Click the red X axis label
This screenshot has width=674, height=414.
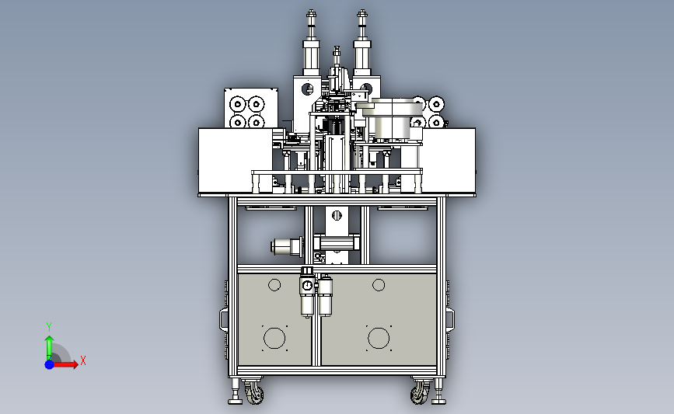(x=83, y=360)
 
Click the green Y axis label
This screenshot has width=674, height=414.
(x=49, y=327)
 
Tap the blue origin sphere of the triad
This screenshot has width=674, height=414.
(x=50, y=364)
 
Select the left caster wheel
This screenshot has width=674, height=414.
(x=253, y=392)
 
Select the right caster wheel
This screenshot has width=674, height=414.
(x=420, y=392)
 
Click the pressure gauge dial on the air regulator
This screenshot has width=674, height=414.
(x=307, y=286)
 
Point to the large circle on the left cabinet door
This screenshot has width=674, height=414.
(x=274, y=338)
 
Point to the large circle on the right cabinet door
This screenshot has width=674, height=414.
(x=379, y=338)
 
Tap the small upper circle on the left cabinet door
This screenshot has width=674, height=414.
(x=274, y=285)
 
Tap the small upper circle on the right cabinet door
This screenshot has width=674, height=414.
(x=379, y=285)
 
